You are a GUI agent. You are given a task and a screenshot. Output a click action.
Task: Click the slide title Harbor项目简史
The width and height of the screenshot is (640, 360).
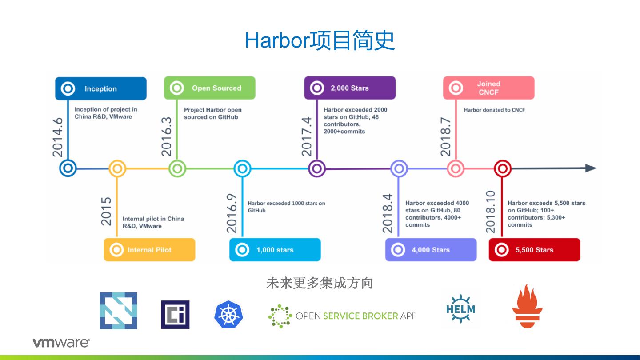[x=320, y=40]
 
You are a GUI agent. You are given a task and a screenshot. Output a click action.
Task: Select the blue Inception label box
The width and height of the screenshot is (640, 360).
[x=101, y=88]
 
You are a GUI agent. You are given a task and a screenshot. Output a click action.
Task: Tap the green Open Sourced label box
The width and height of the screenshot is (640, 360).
[x=210, y=88]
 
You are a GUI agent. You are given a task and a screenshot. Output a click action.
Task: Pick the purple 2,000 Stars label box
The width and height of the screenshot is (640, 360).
[x=350, y=88]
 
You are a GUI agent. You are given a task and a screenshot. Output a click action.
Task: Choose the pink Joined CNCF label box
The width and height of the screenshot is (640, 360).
[x=488, y=88]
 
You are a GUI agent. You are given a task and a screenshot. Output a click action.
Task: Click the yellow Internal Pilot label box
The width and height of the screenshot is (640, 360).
[x=149, y=250]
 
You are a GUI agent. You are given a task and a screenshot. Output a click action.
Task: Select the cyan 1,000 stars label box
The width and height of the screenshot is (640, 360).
[x=275, y=250]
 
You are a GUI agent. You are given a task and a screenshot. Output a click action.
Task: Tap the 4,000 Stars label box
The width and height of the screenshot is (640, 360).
[x=431, y=250]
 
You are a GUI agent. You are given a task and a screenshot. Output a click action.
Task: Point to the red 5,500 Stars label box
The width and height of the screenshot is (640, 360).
[x=534, y=250]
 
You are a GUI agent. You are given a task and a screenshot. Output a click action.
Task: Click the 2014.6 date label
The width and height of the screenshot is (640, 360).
[x=58, y=137]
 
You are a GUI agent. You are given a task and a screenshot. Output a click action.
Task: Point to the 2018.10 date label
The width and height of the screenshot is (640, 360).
[x=490, y=212]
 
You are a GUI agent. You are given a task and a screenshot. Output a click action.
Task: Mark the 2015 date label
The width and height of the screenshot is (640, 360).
[x=106, y=212]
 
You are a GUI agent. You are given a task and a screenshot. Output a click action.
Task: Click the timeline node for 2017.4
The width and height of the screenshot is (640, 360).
[x=317, y=168]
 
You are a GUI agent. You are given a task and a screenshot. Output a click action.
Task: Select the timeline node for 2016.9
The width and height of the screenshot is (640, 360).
[x=242, y=168]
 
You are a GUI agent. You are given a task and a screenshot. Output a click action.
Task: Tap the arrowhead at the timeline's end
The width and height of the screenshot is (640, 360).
[x=591, y=168]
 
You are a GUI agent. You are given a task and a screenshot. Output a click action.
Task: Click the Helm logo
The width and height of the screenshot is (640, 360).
[x=460, y=309]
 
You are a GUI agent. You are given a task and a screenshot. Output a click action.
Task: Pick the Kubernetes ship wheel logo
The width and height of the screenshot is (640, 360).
[x=228, y=314]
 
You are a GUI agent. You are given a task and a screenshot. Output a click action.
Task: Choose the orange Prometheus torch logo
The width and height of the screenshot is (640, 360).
[x=528, y=306]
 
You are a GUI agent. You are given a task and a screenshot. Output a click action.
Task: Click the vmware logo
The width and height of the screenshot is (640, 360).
[x=61, y=343]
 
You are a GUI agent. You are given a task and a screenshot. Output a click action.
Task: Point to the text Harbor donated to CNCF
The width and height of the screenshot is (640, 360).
[x=494, y=110]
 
